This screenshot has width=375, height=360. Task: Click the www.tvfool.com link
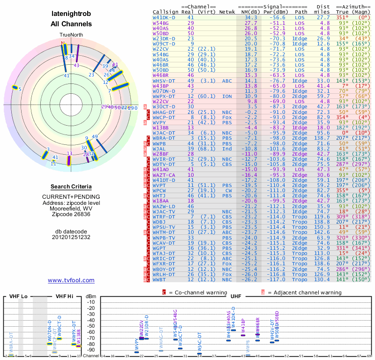point(71,280)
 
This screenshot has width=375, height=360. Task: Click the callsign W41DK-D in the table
point(164,17)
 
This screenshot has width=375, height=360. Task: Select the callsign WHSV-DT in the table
point(164,80)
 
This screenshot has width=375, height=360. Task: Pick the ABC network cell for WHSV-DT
point(227,80)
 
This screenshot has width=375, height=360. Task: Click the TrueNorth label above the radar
point(71,35)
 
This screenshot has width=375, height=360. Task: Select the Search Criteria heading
point(71,187)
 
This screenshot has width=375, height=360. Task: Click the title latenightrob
point(71,14)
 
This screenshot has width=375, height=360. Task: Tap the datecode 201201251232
point(71,237)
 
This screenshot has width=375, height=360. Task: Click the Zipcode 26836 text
point(71,215)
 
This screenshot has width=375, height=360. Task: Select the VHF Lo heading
point(18,297)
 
